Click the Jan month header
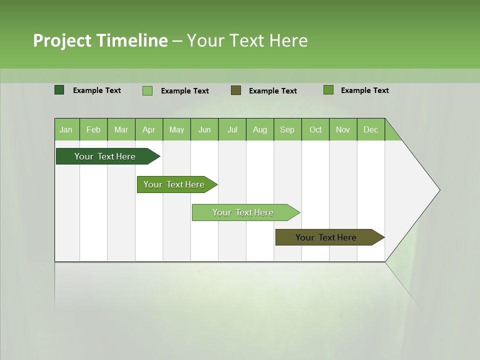click(66, 129)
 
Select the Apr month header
click(148, 129)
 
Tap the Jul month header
click(232, 129)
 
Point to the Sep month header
click(287, 129)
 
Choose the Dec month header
click(370, 129)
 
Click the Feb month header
click(93, 129)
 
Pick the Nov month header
click(342, 129)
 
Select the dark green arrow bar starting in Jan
click(105, 156)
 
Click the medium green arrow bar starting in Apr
click(174, 184)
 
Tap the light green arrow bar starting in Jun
click(243, 212)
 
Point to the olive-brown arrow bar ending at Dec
click(326, 237)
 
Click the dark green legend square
click(59, 90)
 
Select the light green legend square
click(147, 90)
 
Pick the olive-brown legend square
click(236, 90)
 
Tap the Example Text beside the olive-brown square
click(272, 90)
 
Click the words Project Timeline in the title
click(100, 40)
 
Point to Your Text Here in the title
click(247, 40)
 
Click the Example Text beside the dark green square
click(96, 90)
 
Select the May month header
click(176, 129)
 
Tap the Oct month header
click(315, 129)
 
